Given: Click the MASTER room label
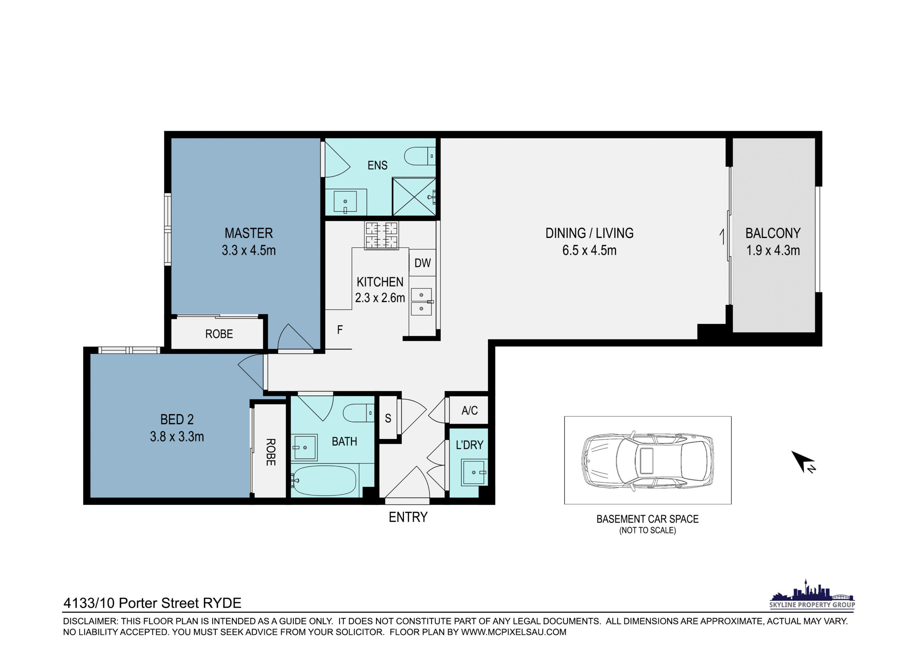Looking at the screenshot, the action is click(249, 233).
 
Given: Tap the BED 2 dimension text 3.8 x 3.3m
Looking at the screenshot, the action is click(177, 436).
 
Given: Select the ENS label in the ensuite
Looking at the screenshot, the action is click(377, 165).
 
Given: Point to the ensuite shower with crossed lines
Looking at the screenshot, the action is click(414, 197).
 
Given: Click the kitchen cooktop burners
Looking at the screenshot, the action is click(381, 236).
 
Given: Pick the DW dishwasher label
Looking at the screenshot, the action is click(423, 263).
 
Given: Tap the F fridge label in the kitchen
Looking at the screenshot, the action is click(340, 330).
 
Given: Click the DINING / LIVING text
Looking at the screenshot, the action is click(589, 233).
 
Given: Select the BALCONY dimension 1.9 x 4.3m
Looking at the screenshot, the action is click(773, 250).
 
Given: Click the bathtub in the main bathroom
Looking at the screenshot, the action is click(323, 480).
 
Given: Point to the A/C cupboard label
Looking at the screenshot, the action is click(469, 410).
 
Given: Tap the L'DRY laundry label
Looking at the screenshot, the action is click(469, 445).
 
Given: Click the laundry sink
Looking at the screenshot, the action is click(474, 472).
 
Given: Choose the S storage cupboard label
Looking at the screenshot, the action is click(388, 418).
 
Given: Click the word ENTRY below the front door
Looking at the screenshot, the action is click(408, 517).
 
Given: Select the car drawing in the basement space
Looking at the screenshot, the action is click(648, 460).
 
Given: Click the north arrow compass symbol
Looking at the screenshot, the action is click(802, 461).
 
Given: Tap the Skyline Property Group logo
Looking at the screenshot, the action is click(812, 593).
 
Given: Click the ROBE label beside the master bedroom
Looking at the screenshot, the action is click(219, 334).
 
